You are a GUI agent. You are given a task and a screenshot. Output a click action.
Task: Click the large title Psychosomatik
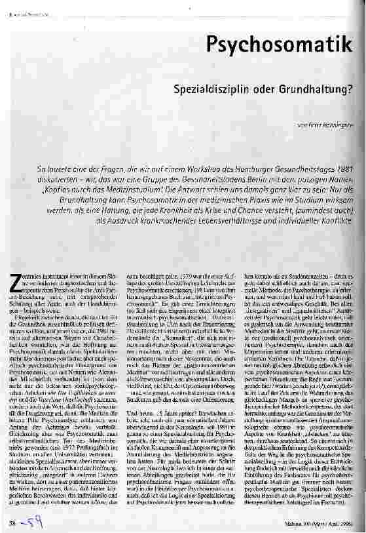click(x=284, y=44)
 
